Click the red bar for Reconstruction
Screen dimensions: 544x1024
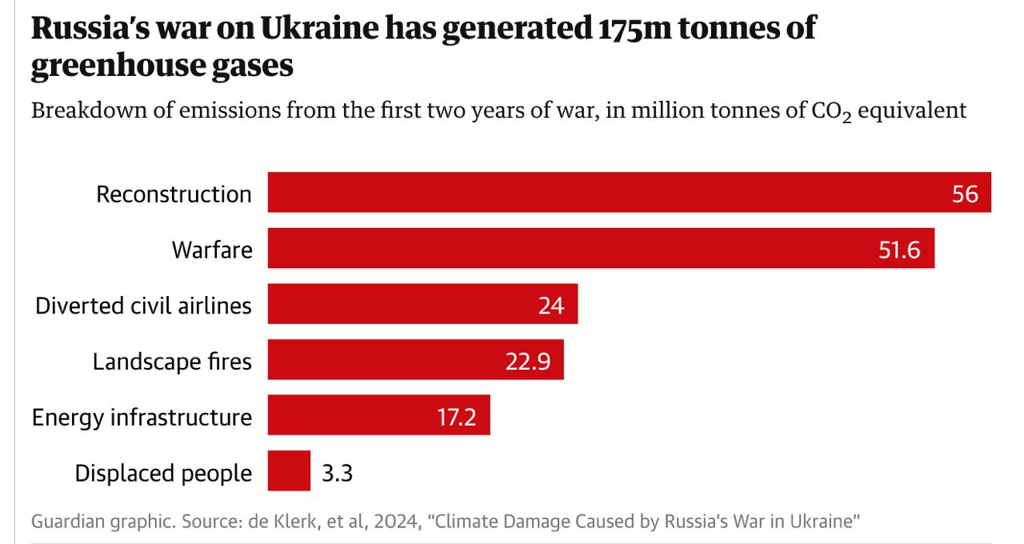[608, 192]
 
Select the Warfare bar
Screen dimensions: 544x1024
[576, 248]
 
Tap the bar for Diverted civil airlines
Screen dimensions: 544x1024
[400, 304]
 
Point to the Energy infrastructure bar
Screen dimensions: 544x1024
[352, 416]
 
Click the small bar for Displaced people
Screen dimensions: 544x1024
[289, 471]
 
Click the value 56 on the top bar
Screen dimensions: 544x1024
[965, 194]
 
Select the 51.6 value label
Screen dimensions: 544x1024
[899, 250]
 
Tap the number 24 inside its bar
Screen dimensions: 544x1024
[551, 306]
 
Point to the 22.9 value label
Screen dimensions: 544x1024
[528, 362]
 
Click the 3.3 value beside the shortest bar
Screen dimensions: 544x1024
[337, 474]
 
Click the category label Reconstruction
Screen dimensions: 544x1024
[174, 194]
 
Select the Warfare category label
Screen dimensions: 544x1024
[212, 250]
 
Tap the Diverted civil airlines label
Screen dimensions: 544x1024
[143, 306]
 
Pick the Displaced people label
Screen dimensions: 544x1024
[163, 474]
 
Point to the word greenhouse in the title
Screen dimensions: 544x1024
[115, 67]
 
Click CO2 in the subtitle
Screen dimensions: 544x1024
[830, 110]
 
